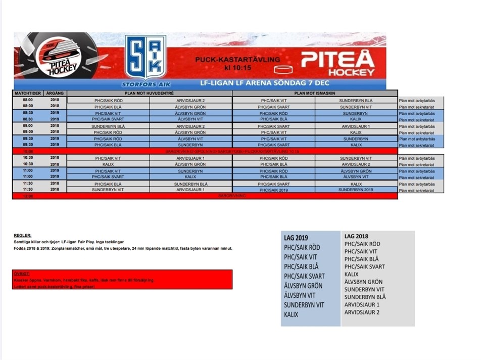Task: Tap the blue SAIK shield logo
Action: coord(145,57)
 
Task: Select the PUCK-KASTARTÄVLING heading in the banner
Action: coord(237,60)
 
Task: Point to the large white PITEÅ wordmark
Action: coord(338,59)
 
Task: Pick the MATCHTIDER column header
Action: coord(27,94)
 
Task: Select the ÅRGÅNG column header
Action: coord(55,94)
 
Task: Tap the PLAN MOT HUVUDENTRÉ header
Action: coord(150,94)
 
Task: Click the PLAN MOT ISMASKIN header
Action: coord(315,94)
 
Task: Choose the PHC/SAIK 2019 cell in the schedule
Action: coord(273,190)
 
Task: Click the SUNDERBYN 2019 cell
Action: coord(356,190)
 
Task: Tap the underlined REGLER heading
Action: coord(22,235)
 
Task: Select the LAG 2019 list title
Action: coord(296,238)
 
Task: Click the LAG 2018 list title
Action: coord(356,236)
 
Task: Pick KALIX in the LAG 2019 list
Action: coord(291,314)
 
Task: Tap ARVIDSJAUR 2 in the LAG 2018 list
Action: coord(362,312)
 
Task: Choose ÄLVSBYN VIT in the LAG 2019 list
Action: coord(300,295)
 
